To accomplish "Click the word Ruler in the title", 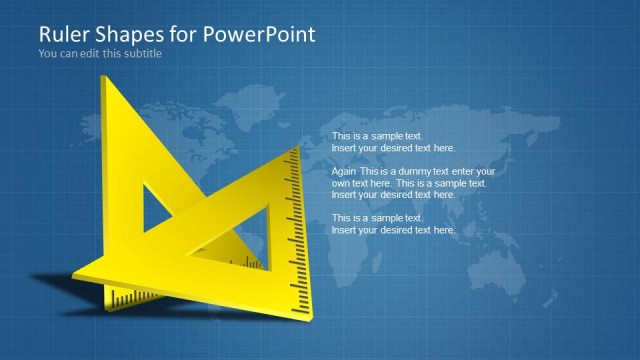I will pos(62,34).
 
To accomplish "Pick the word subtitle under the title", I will pos(141,54).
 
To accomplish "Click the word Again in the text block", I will pos(344,171).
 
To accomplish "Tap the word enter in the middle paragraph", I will pos(469,171).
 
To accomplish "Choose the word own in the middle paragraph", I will pos(341,183).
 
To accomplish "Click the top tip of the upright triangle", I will pos(104,78).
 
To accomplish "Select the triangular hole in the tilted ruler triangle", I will pos(250,215).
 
